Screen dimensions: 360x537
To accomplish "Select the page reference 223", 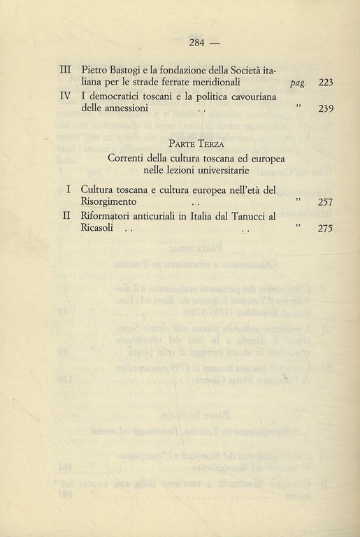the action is [326, 83].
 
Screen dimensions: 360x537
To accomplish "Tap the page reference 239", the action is [326, 108].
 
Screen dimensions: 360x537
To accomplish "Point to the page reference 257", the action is [326, 202].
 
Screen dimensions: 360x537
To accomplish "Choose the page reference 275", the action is [326, 228].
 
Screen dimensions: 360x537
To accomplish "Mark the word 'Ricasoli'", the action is [101, 228].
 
